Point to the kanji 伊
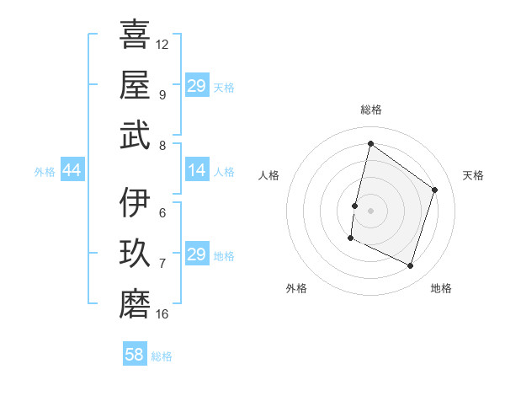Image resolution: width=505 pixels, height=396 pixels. pyautogui.click(x=135, y=202)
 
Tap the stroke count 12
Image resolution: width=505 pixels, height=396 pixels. pyautogui.click(x=162, y=44)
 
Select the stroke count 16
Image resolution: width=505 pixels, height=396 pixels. pyautogui.click(x=162, y=314)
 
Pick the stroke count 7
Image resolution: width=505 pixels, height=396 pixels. pyautogui.click(x=162, y=263)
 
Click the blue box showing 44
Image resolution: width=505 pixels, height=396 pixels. pyautogui.click(x=72, y=171)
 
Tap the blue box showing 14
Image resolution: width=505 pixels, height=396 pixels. pyautogui.click(x=196, y=171)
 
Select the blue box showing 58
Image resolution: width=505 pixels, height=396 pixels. pyautogui.click(x=134, y=356)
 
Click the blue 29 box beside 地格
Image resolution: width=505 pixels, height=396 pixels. pyautogui.click(x=196, y=255)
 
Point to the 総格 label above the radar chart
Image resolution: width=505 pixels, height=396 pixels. pyautogui.click(x=370, y=110)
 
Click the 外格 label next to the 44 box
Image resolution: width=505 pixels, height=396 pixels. pyautogui.click(x=45, y=172)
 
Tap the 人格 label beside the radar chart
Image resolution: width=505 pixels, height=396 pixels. pyautogui.click(x=268, y=175)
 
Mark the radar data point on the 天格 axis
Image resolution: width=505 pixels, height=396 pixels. pyautogui.click(x=435, y=190)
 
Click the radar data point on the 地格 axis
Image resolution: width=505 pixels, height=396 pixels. pyautogui.click(x=410, y=266)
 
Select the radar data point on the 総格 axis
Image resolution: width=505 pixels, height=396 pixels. pyautogui.click(x=370, y=144)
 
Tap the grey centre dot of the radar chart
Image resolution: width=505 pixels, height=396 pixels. pyautogui.click(x=370, y=211)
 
